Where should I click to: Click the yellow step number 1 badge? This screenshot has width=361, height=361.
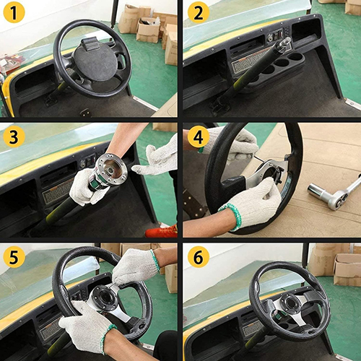tap(14, 12)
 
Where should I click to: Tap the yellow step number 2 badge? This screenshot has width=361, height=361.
tap(199, 12)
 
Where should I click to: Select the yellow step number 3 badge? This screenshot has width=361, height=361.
tap(14, 136)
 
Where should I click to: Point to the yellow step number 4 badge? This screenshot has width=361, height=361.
tap(199, 136)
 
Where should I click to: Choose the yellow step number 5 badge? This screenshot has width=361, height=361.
tap(14, 257)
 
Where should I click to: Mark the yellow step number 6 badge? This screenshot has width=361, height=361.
tap(199, 257)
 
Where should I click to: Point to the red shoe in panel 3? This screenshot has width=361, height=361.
tap(161, 232)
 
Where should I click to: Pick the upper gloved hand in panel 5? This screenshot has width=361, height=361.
tap(135, 267)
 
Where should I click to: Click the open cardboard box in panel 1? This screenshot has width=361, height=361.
tap(149, 30)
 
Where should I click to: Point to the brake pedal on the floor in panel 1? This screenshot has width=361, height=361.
tap(52, 100)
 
